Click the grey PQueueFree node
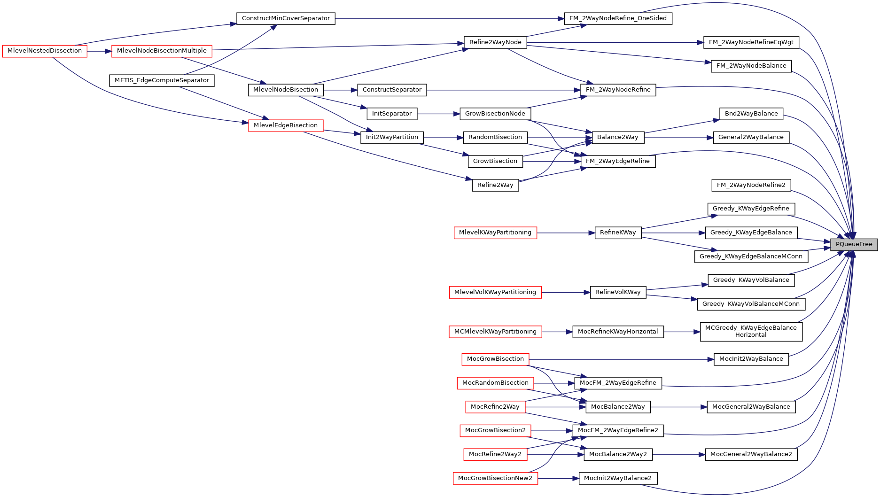pos(854,244)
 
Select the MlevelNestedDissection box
pos(45,51)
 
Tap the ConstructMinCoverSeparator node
pos(286,18)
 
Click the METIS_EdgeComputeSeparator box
pos(162,80)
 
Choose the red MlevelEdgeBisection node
pos(286,125)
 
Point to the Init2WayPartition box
pos(392,137)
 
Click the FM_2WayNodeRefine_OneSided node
pos(618,18)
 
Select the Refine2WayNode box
pos(495,42)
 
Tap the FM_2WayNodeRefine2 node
pos(751,185)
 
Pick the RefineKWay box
pos(618,233)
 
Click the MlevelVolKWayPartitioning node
pos(495,292)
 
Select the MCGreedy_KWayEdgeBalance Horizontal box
pos(751,331)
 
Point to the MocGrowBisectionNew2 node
pos(495,478)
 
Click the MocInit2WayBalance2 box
pos(618,478)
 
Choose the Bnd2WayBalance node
pos(751,114)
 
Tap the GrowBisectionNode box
pos(495,114)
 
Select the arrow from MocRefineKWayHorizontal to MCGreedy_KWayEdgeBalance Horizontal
pos(682,332)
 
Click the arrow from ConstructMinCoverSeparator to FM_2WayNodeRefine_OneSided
pos(446,19)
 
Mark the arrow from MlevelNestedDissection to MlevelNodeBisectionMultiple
pos(99,51)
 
